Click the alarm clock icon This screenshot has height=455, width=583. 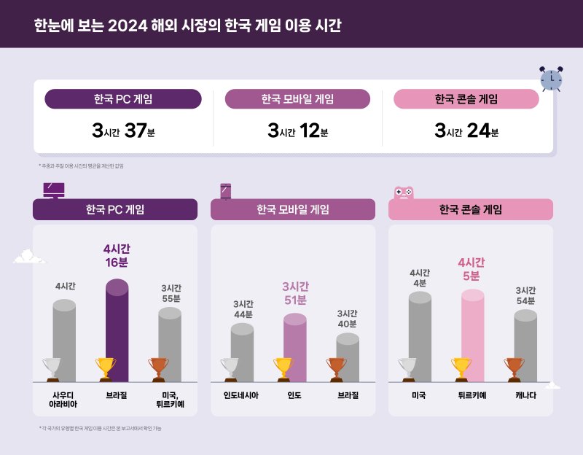pos(551,78)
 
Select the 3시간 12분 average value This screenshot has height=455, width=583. pos(298,131)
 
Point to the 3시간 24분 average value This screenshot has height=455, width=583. pos(466,131)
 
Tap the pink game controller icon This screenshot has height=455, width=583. pos(404,192)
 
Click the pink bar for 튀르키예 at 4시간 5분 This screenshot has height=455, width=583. pos(472,328)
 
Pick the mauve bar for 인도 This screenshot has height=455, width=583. pos(294,339)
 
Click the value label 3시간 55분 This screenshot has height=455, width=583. pos(171,293)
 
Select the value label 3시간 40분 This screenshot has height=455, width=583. pos(347,319)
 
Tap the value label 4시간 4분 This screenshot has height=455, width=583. pos(419,278)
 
